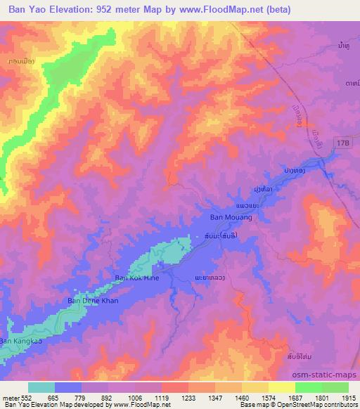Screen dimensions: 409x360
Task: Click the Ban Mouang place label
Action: point(231,218)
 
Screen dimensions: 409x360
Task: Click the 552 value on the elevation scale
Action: point(22,397)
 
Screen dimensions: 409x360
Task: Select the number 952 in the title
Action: point(114,10)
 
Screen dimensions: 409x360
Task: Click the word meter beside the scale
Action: point(9,397)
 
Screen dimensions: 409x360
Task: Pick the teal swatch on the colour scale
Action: point(41,387)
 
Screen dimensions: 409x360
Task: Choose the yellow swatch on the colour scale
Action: point(281,387)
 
